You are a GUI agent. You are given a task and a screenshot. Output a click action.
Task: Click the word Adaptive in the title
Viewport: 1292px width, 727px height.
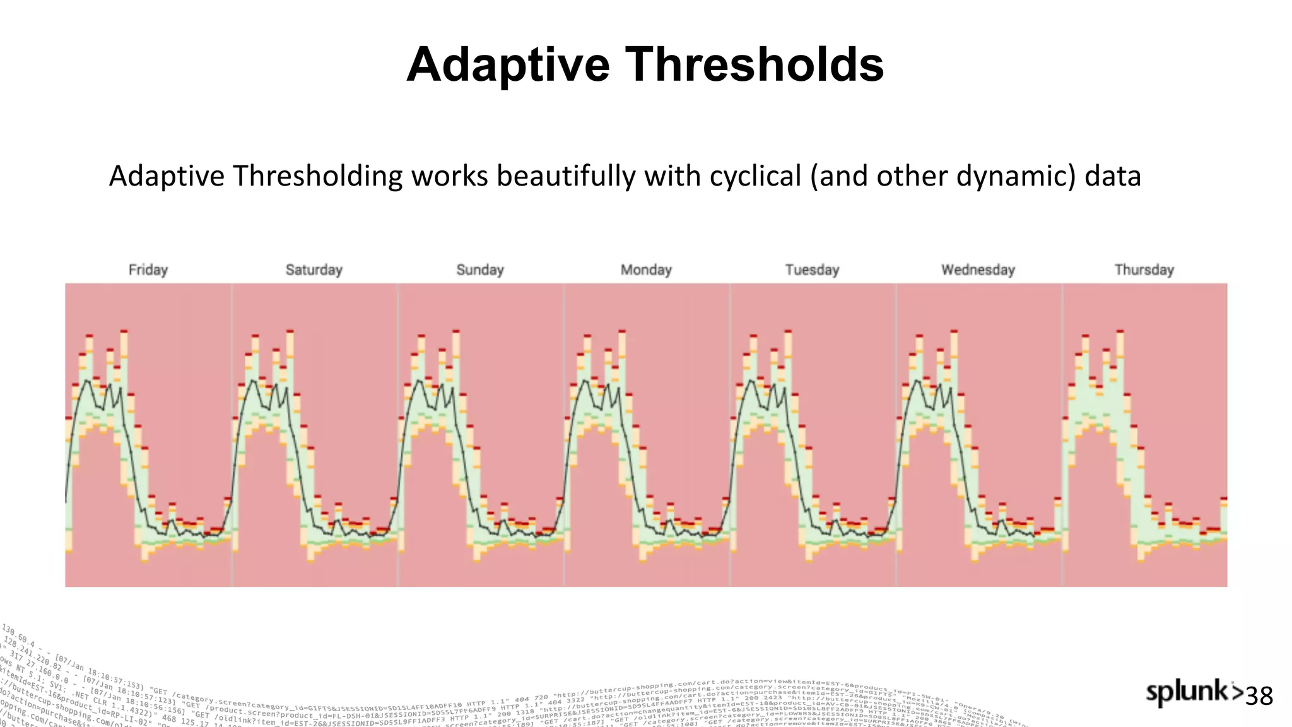point(508,65)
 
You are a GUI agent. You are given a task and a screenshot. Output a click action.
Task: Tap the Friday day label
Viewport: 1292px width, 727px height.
point(148,270)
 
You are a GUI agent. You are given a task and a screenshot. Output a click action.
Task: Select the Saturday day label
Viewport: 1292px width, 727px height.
point(314,270)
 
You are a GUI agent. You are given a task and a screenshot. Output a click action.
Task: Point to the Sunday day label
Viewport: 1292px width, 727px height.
point(480,270)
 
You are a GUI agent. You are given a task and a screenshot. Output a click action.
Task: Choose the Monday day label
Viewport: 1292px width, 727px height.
point(646,270)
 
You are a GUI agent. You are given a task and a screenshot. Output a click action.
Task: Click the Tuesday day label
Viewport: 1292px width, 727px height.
point(812,270)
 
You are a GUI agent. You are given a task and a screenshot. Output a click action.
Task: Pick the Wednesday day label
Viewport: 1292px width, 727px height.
point(978,270)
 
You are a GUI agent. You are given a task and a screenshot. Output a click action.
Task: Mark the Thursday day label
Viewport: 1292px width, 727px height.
point(1144,270)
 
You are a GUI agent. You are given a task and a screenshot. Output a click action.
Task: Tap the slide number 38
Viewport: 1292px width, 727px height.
point(1259,697)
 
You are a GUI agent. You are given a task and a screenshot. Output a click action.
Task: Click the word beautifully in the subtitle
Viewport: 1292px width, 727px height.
point(566,176)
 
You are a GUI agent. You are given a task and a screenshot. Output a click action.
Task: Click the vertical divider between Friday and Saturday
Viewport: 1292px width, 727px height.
point(232,435)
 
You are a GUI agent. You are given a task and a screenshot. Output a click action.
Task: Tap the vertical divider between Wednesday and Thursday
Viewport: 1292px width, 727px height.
point(1062,435)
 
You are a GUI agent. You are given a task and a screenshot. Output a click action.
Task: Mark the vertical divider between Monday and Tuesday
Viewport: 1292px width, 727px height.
point(730,435)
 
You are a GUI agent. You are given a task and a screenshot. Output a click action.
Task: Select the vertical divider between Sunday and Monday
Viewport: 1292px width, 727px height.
point(564,435)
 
